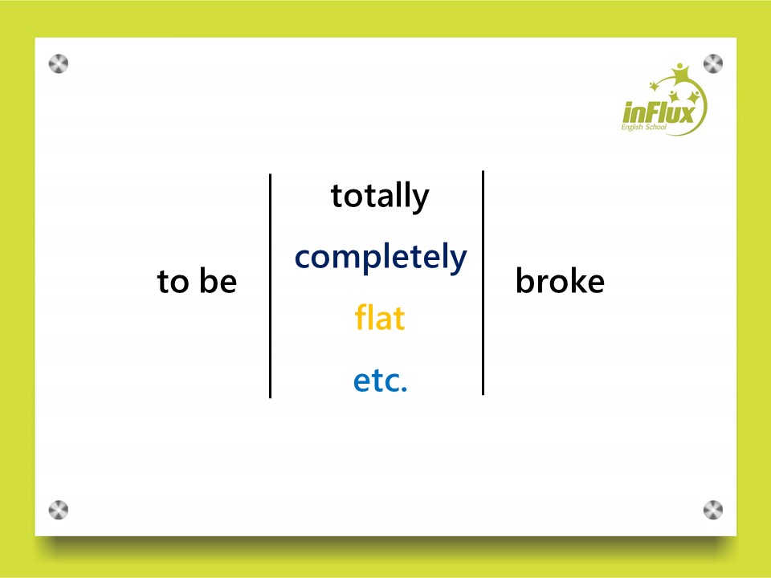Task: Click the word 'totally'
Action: pos(380,197)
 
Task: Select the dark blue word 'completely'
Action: pos(381,258)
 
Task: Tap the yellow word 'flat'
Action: pos(380,317)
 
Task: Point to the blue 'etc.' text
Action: pos(380,381)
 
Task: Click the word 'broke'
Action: pos(560,280)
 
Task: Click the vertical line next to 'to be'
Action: pos(271,286)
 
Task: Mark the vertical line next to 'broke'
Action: pos(483,283)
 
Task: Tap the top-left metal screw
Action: pos(59,64)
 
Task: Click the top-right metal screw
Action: pos(713,64)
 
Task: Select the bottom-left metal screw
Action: pos(59,511)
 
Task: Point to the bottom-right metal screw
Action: pos(713,511)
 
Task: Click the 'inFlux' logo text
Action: pos(659,112)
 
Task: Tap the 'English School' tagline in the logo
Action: pos(643,128)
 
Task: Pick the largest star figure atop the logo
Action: pos(680,74)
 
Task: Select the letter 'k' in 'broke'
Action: pos(577,280)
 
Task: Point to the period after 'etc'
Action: pos(404,389)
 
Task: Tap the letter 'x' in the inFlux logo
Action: pos(686,113)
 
